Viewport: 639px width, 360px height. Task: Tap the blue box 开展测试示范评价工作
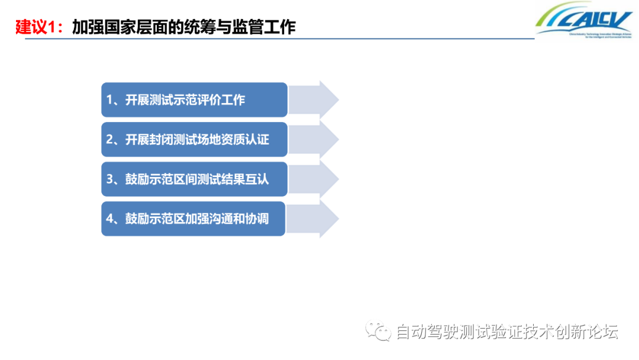tap(194, 99)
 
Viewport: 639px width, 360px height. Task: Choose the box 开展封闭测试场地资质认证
tap(194, 139)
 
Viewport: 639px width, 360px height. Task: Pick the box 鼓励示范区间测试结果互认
tap(194, 179)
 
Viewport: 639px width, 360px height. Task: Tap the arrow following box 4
tap(314, 218)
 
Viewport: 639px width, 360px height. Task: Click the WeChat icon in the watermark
tap(379, 330)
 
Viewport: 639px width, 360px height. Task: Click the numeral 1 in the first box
tap(110, 100)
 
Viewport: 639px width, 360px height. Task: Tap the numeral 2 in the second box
tap(110, 140)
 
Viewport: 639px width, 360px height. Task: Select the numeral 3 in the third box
tap(110, 179)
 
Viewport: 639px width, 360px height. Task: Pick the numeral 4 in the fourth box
tap(110, 219)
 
